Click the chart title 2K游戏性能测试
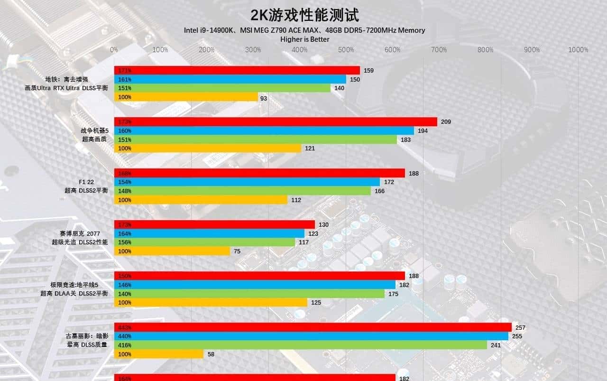[304, 15]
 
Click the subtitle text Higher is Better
[304, 39]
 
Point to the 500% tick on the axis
[346, 50]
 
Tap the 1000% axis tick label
[578, 50]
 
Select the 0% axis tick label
[114, 50]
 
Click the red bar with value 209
[276, 122]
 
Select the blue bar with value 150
[230, 79]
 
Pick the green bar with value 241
[301, 345]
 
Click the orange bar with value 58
[159, 354]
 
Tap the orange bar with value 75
[172, 251]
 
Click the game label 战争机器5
[94, 130]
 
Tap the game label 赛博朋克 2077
[80, 233]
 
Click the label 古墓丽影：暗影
[87, 336]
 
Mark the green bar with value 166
[242, 191]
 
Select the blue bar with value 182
[255, 285]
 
